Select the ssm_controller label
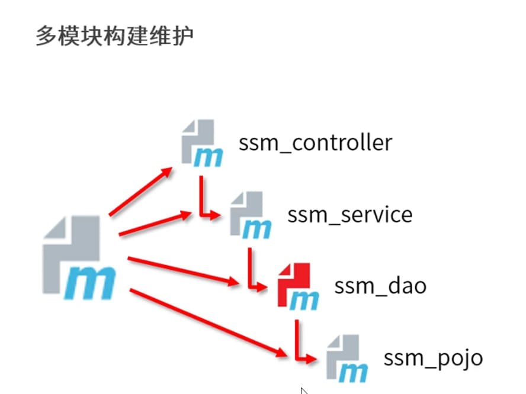pos(315,143)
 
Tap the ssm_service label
pos(349,214)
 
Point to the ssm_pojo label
pos(433,358)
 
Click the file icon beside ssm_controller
pos(201,143)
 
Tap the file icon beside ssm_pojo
pos(347,358)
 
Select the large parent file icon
pos(79,257)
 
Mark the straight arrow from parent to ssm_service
pos(155,224)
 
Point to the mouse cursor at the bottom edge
pos(303,390)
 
